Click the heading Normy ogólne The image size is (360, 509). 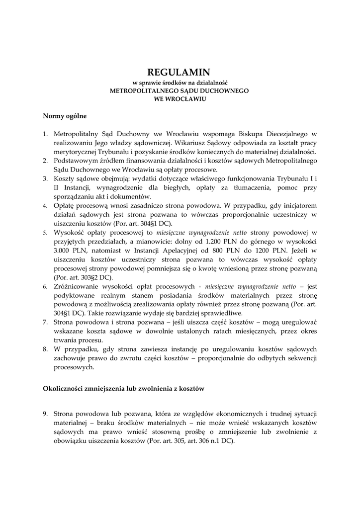(65, 116)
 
